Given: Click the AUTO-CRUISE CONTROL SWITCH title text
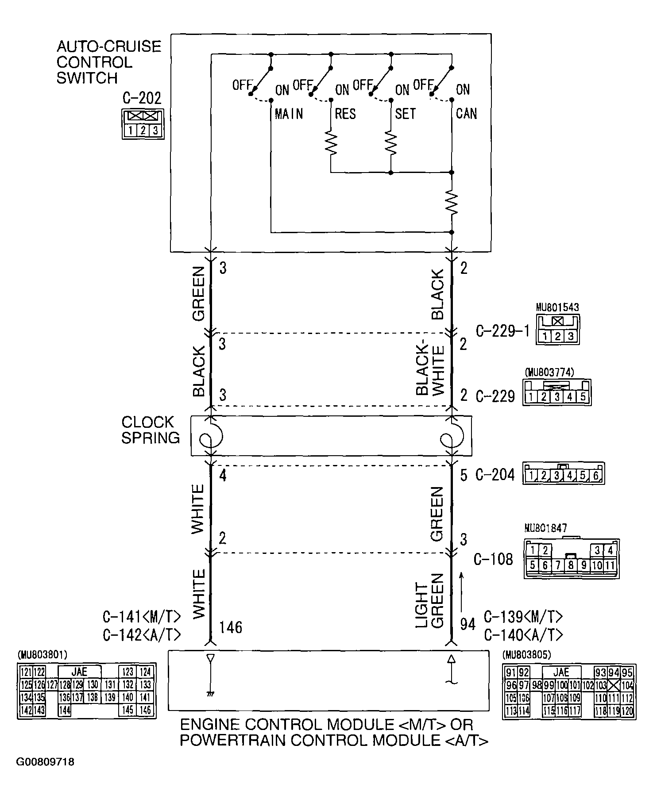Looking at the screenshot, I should tap(108, 62).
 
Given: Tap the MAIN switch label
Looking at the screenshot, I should tap(289, 114).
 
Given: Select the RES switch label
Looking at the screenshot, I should tap(345, 114).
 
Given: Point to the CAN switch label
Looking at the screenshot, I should tap(466, 114).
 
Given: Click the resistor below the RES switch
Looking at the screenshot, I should tap(331, 142).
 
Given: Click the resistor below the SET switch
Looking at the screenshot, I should tap(390, 142).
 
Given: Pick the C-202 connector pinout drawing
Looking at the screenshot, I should tap(143, 124).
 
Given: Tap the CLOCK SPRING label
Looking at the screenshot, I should tap(151, 430).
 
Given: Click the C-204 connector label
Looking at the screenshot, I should tap(495, 475).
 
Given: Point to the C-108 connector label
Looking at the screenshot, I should tap(493, 559).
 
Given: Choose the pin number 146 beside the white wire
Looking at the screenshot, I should tap(230, 627).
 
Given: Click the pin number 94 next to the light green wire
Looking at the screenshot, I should tap(468, 624).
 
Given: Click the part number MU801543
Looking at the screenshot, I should tap(557, 307).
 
